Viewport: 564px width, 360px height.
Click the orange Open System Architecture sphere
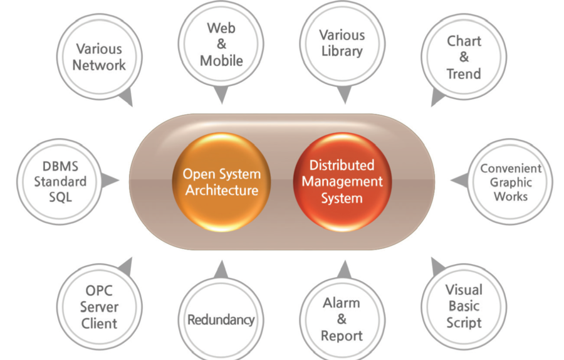pos(221,182)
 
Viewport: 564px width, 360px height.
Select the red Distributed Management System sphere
pos(342,182)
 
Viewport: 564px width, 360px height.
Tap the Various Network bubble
pos(99,56)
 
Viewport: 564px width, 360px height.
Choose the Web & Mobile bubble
pos(221,45)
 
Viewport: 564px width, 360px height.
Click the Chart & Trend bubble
pos(464,58)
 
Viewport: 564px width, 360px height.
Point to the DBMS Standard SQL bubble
pos(60,182)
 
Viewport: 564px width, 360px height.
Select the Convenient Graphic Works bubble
pos(510,182)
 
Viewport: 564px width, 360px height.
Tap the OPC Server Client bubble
pos(99,307)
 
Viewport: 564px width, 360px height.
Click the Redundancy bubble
pos(221,319)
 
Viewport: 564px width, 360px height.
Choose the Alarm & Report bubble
pos(342,319)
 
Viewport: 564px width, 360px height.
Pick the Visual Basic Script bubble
pos(464,307)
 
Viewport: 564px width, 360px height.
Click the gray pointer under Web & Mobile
pos(221,96)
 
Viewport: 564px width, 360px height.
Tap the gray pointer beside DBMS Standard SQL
pos(111,181)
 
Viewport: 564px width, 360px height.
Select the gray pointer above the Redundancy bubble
pos(221,269)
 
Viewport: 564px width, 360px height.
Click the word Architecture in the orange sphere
pos(221,190)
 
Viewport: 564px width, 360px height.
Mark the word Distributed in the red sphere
pos(342,166)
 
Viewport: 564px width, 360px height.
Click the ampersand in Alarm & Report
pos(342,319)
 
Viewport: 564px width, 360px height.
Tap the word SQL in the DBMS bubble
pos(60,197)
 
